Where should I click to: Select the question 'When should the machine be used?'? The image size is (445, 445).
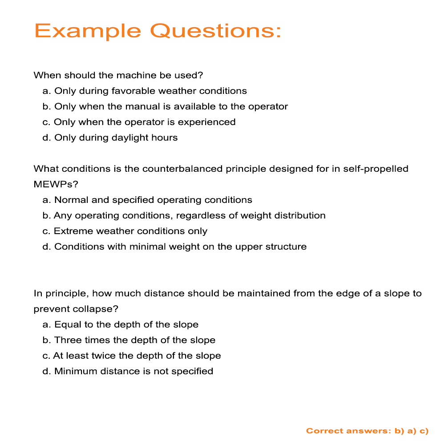tap(118, 75)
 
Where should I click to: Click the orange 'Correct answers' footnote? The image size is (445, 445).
tap(367, 431)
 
